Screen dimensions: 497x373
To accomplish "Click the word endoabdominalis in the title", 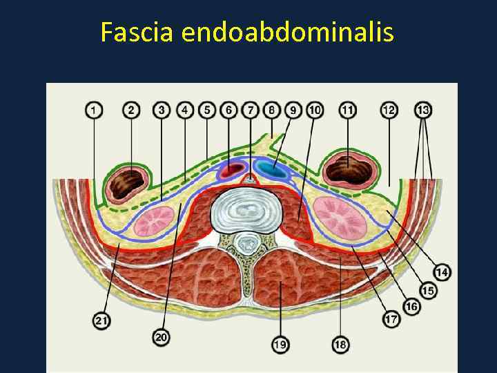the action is click(288, 32).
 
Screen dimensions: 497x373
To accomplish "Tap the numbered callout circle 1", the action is click(94, 110).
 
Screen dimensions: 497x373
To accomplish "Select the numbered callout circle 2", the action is click(131, 110).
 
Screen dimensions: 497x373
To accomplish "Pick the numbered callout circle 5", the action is click(206, 110).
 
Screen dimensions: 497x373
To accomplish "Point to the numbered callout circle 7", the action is click(251, 110).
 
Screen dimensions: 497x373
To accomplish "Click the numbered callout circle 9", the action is click(293, 110).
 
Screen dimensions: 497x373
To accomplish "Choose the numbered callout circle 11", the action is click(348, 110).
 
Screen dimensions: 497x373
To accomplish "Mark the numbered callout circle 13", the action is click(423, 110).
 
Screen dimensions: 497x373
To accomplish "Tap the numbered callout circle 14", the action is click(442, 272).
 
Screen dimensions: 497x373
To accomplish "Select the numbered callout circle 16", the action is click(412, 306).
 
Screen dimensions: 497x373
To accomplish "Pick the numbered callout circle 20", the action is click(161, 337).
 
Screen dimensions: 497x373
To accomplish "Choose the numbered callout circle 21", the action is click(101, 320).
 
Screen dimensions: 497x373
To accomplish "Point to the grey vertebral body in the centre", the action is click(247, 210).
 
